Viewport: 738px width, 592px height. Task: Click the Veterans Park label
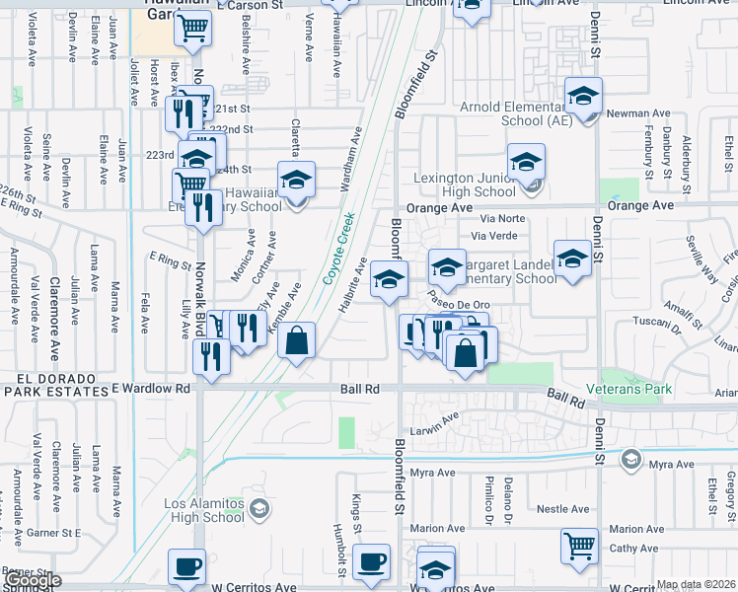(x=629, y=389)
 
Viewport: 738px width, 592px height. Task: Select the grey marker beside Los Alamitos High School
(x=259, y=508)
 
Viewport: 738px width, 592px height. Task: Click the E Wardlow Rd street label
(x=150, y=389)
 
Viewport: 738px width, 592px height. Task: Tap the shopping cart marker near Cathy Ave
(x=579, y=545)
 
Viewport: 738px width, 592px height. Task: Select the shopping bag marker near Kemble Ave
(x=296, y=340)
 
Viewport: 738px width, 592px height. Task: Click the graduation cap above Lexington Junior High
(x=526, y=161)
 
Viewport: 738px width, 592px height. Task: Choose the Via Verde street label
(x=494, y=236)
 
